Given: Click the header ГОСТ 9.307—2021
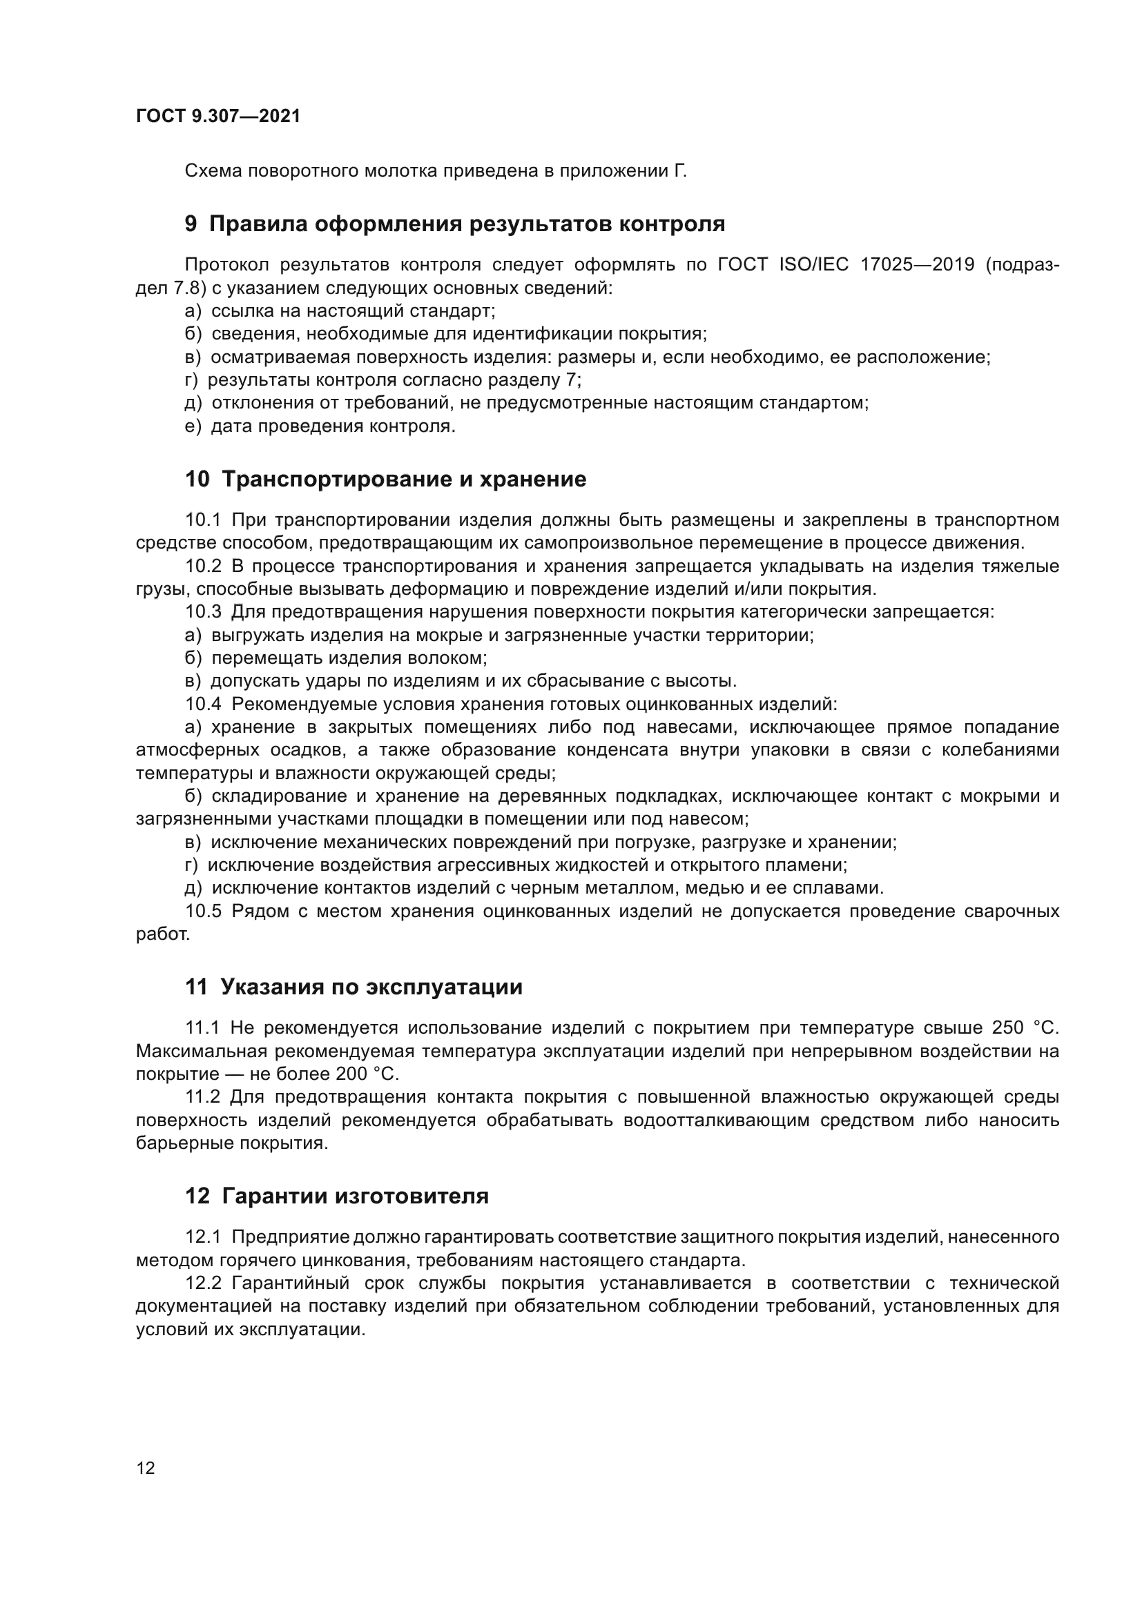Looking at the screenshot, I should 218,117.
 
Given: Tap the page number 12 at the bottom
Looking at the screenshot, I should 146,1468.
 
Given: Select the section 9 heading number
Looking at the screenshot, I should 191,224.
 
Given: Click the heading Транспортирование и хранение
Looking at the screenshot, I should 404,480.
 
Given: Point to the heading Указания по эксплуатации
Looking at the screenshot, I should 371,987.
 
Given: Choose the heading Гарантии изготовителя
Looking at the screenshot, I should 354,1197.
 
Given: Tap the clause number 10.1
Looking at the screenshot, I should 202,520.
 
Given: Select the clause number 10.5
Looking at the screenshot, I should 202,912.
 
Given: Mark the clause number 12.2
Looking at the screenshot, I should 202,1283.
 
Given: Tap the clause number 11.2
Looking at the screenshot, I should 202,1097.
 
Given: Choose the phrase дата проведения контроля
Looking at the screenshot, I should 333,426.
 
